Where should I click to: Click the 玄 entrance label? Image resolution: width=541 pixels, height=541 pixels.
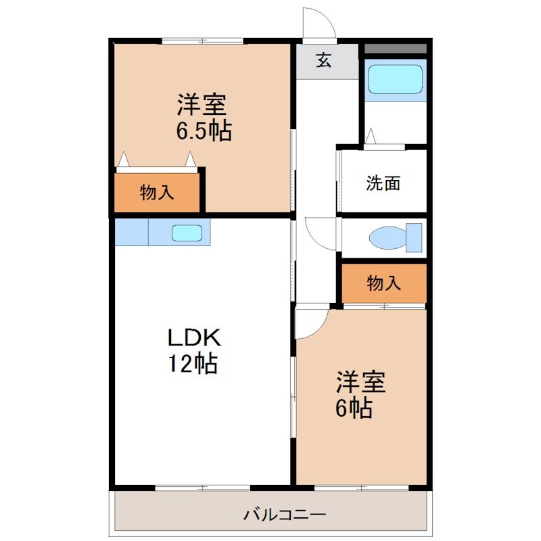325,61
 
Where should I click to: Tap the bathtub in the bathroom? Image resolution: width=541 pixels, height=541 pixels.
395,80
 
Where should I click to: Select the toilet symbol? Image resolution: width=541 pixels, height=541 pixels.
395,237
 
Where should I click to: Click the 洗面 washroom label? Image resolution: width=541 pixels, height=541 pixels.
383,183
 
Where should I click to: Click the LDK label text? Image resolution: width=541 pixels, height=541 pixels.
194,336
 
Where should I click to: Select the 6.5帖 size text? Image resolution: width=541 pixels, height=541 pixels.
204,131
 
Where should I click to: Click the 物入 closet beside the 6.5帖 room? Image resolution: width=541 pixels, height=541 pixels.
158,193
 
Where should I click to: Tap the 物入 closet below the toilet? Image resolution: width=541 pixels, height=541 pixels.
383,283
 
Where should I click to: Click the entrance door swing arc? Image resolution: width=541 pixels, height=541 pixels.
318,24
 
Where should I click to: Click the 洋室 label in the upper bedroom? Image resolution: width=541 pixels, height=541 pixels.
202,104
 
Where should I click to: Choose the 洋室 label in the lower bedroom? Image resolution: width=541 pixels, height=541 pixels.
361,382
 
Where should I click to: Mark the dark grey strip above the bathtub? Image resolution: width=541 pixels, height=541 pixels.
396,49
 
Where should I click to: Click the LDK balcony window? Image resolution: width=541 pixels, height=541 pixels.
202,487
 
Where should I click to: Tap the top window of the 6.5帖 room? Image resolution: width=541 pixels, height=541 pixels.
202,40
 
